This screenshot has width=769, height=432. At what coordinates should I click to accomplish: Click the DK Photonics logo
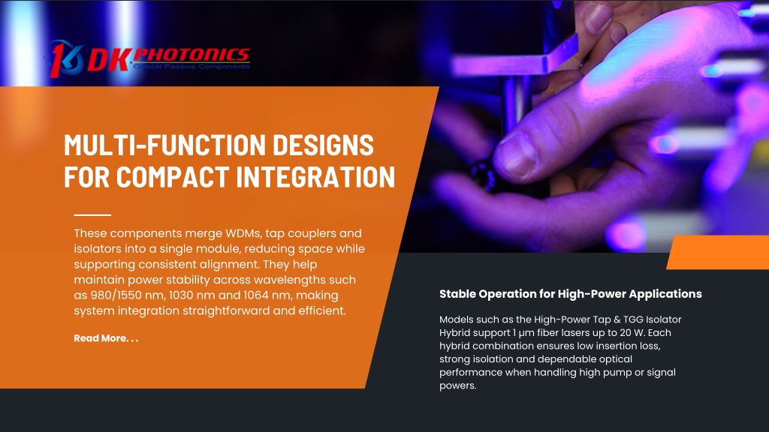pyautogui.click(x=149, y=58)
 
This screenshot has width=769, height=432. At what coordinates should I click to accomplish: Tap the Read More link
pyautogui.click(x=106, y=338)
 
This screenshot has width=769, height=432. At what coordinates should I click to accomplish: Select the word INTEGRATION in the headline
pyautogui.click(x=315, y=176)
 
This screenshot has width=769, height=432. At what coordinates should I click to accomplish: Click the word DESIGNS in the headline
pyautogui.click(x=323, y=145)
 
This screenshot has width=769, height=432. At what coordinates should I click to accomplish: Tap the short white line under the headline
pyautogui.click(x=92, y=215)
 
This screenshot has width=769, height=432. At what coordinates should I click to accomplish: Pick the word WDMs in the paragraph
pyautogui.click(x=243, y=233)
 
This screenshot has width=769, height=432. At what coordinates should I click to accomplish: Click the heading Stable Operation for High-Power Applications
pyautogui.click(x=571, y=294)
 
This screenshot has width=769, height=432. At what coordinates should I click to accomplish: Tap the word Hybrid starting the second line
pyautogui.click(x=454, y=332)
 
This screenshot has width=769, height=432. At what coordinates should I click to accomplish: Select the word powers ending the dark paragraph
pyautogui.click(x=457, y=386)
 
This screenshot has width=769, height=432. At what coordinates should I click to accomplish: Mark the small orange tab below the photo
pyautogui.click(x=718, y=252)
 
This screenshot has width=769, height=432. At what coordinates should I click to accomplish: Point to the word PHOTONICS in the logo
pyautogui.click(x=191, y=55)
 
